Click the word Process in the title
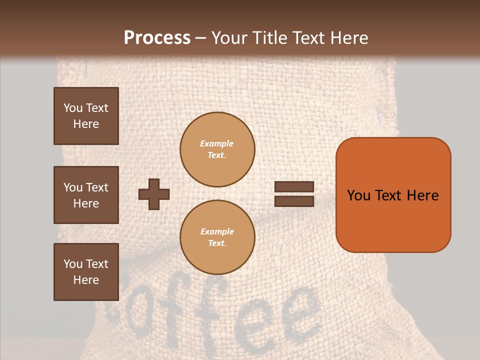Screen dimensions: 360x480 pyautogui.click(x=157, y=38)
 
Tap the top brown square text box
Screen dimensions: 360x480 pyautogui.click(x=86, y=116)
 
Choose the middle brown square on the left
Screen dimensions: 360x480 pyautogui.click(x=86, y=195)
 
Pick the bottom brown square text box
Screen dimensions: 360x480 pyautogui.click(x=86, y=272)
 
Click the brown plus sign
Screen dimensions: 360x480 pyautogui.click(x=154, y=194)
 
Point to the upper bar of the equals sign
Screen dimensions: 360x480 pyautogui.click(x=294, y=187)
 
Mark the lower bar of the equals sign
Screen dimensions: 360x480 pyautogui.click(x=294, y=201)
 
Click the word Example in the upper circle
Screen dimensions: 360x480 pyautogui.click(x=217, y=143)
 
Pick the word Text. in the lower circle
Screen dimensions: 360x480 pyautogui.click(x=217, y=243)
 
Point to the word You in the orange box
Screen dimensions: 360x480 pyautogui.click(x=358, y=195)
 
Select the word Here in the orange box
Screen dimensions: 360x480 pyautogui.click(x=422, y=195)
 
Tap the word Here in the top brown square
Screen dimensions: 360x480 pyautogui.click(x=86, y=124)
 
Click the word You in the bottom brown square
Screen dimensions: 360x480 pyautogui.click(x=73, y=264)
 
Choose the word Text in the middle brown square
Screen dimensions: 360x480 pyautogui.click(x=96, y=187)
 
